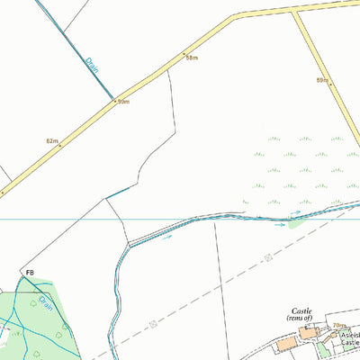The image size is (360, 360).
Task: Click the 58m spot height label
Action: point(191,58)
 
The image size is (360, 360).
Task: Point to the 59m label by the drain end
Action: point(123,102)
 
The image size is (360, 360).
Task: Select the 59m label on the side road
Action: point(321,80)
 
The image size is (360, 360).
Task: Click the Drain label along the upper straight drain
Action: point(92,64)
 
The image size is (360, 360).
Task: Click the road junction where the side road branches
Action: point(294,12)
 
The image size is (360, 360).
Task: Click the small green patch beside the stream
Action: point(295,217)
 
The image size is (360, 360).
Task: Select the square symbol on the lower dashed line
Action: point(153,323)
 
